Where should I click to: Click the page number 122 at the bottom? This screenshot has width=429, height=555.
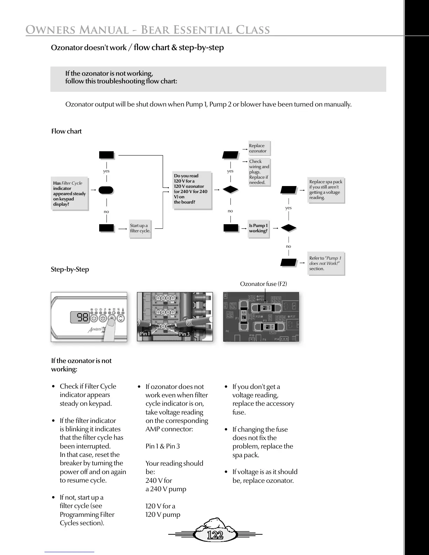click(x=215, y=535)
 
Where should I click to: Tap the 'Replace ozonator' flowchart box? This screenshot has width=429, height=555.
click(x=259, y=148)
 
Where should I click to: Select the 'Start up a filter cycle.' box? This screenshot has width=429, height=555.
click(x=140, y=228)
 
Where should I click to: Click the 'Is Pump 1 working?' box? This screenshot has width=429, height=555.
click(x=258, y=228)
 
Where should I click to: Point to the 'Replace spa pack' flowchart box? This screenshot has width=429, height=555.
click(x=326, y=190)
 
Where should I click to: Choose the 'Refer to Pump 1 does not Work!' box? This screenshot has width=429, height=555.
click(x=326, y=263)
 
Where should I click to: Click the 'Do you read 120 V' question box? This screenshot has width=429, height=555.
click(x=192, y=189)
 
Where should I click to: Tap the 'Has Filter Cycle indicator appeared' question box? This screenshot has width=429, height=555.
click(x=69, y=194)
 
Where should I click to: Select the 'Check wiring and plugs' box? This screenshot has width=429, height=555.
click(x=259, y=172)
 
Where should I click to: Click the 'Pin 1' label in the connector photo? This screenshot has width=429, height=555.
click(x=145, y=334)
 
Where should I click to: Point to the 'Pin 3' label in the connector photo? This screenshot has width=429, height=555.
click(x=184, y=334)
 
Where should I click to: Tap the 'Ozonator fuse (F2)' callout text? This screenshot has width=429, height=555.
click(x=263, y=284)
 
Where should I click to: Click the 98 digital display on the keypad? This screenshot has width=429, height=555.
click(x=83, y=317)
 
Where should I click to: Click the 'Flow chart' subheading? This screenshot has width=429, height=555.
click(x=66, y=131)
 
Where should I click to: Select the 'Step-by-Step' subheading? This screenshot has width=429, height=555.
click(x=70, y=269)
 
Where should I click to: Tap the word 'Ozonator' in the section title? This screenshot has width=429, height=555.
click(x=67, y=48)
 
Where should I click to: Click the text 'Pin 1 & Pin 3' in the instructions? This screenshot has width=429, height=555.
click(x=163, y=446)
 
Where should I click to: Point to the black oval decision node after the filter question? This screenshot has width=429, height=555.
click(x=106, y=190)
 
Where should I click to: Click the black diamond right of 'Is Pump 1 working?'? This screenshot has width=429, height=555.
click(x=289, y=228)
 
